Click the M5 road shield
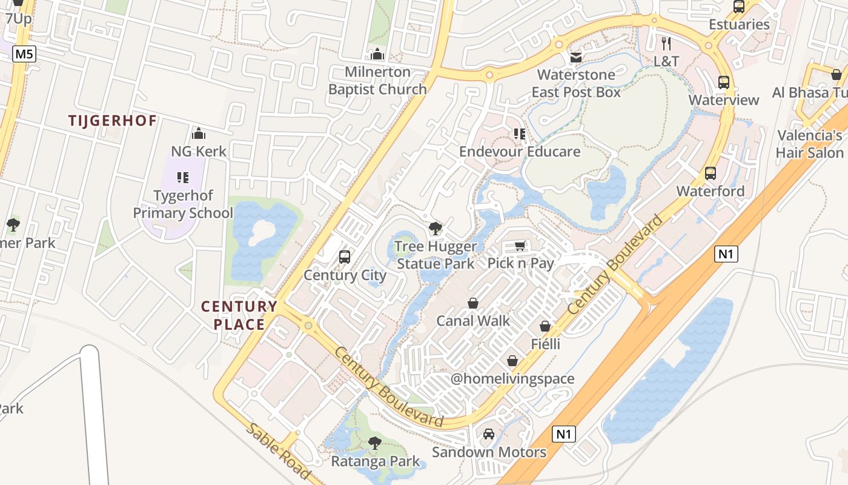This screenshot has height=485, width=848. [24, 54]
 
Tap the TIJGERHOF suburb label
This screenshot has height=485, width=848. [113, 121]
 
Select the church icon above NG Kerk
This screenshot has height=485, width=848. [199, 133]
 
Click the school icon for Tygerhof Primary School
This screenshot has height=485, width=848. [182, 178]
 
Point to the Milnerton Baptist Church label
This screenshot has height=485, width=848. [377, 81]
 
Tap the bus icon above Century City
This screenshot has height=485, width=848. [345, 256]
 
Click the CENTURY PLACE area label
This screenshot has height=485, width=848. [239, 315]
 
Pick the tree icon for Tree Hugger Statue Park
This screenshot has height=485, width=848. [435, 229]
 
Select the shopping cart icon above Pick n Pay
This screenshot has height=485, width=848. [520, 246]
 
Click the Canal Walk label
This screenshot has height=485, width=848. [473, 321]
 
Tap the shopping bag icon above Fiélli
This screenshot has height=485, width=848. [545, 326]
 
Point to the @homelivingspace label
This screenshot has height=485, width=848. [512, 379]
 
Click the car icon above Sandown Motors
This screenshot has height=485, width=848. [489, 434]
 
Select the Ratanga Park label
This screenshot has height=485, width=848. [375, 461]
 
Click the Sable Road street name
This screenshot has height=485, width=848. [278, 452]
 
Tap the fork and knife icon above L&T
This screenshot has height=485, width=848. [666, 43]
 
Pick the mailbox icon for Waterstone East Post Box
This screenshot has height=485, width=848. [575, 57]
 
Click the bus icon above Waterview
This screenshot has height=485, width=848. [723, 82]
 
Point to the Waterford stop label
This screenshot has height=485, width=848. [710, 191]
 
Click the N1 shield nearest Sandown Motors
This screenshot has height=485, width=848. [564, 434]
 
